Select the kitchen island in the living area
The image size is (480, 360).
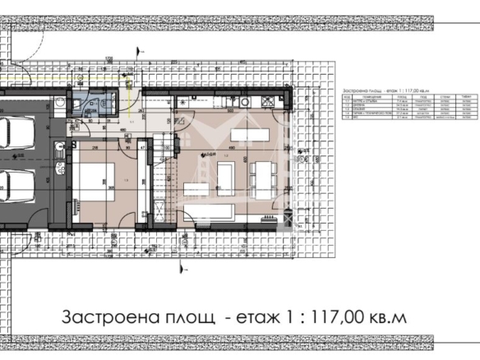(246, 132)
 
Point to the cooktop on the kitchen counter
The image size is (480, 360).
(270, 102)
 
